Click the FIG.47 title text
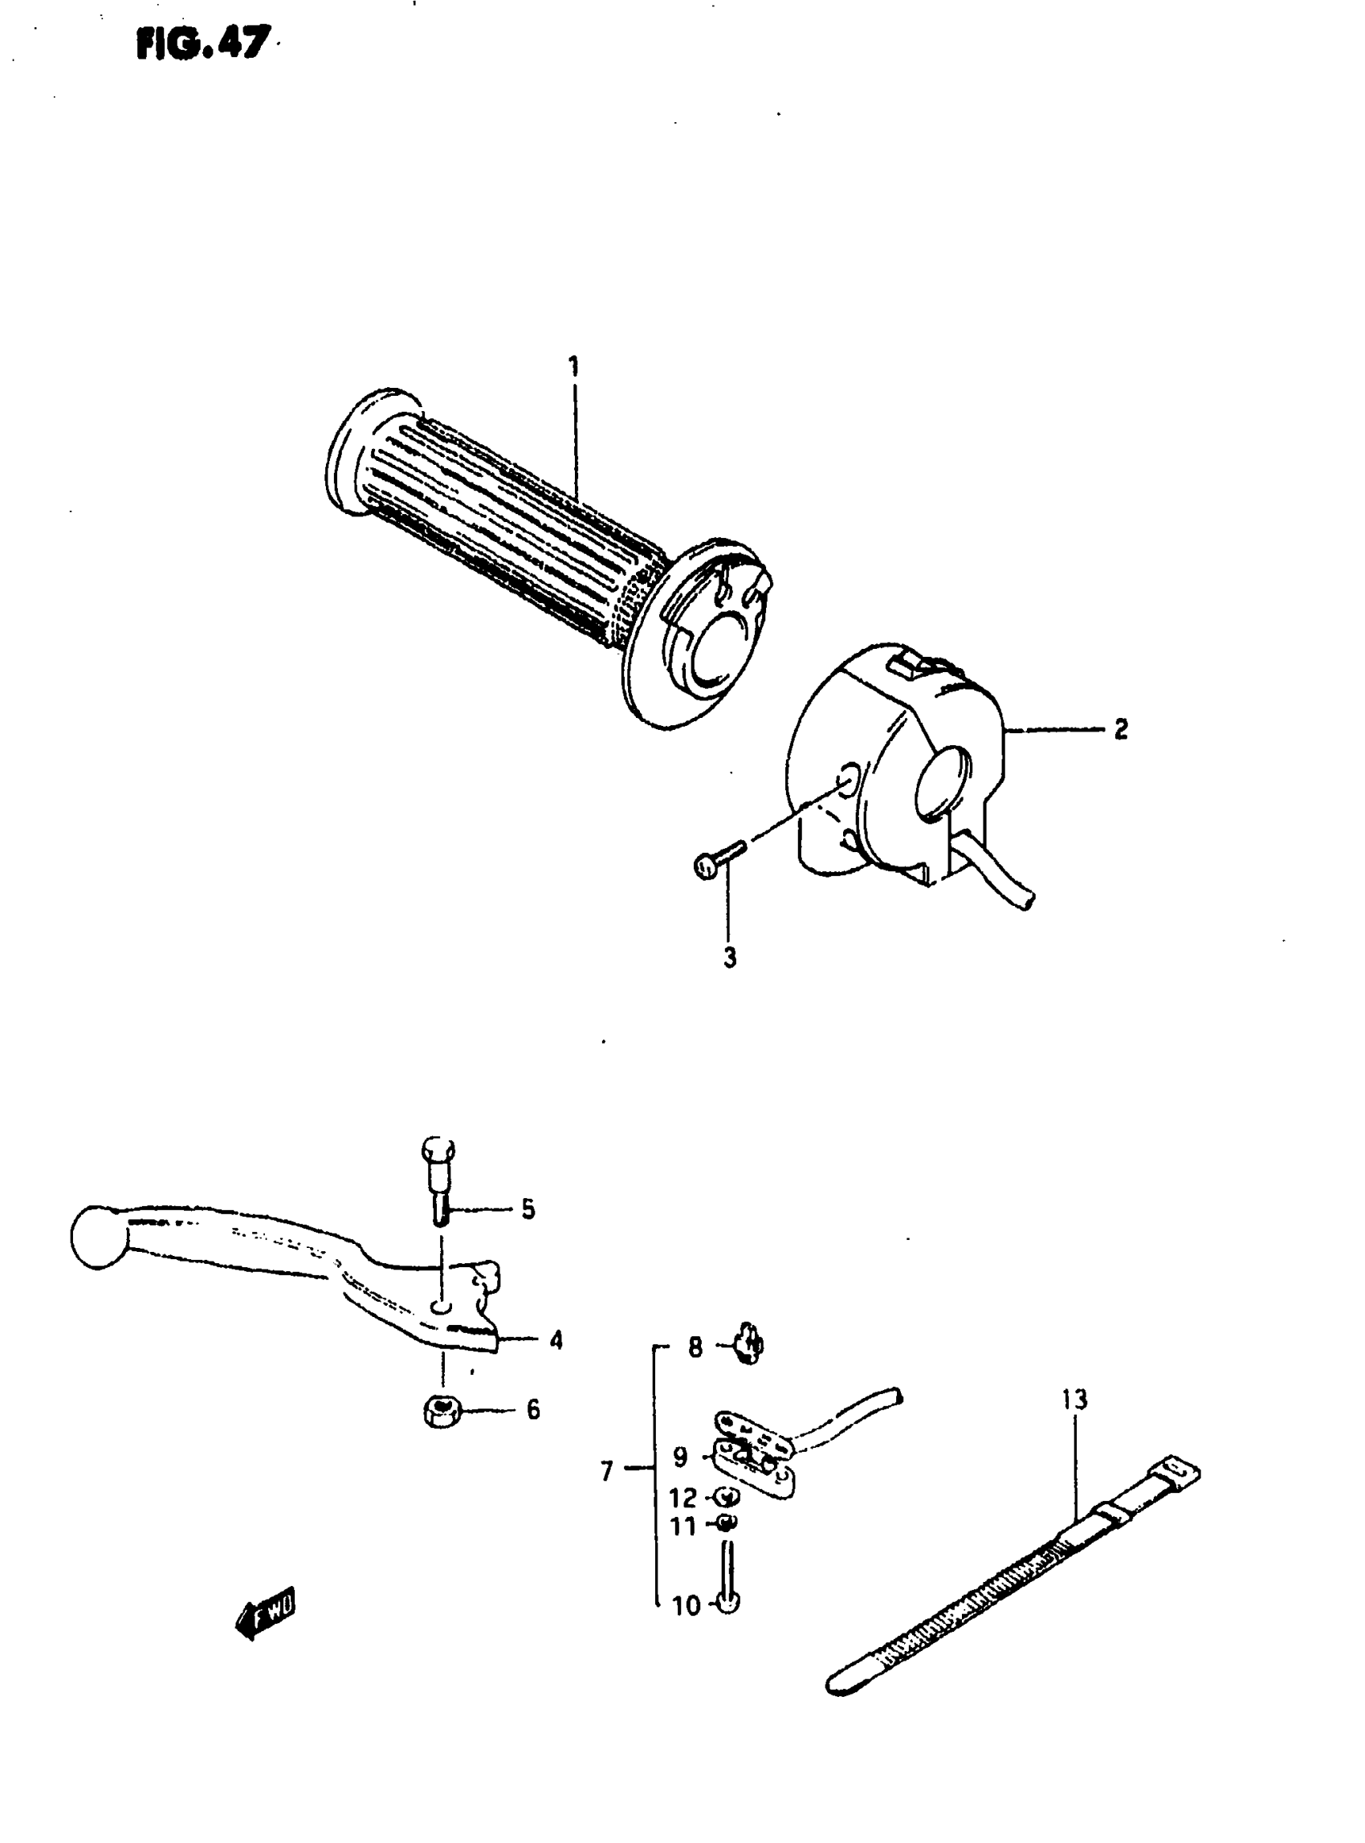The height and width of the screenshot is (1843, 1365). tap(202, 43)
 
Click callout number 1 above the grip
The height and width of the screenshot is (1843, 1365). tap(573, 365)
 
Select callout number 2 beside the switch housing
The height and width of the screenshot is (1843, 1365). tap(1119, 729)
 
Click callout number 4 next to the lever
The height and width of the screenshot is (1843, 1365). tap(556, 1339)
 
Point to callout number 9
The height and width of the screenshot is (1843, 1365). tap(680, 1456)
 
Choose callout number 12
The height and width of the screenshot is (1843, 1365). tap(683, 1498)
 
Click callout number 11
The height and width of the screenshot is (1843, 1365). tap(683, 1526)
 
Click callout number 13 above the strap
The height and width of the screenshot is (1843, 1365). tap(1075, 1400)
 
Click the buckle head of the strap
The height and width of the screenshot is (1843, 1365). tap(1170, 1469)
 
